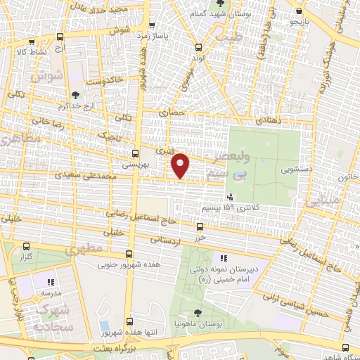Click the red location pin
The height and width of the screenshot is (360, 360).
[181, 165]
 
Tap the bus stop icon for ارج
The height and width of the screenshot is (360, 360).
[60, 37]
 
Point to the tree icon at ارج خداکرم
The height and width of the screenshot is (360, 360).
[75, 94]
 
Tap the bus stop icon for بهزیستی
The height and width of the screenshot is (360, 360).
[136, 152]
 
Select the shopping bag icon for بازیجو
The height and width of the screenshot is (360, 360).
[301, 11]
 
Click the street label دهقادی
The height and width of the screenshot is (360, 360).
[266, 121]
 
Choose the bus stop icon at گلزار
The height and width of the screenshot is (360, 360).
[27, 247]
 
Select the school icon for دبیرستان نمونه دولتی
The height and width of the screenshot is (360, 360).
[225, 259]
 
